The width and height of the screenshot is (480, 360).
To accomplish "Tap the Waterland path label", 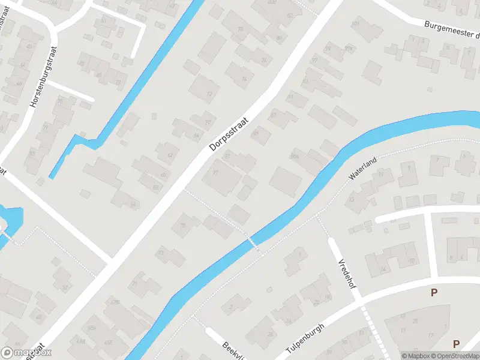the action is click(x=363, y=169).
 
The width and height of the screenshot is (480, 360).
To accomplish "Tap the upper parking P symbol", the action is click(x=434, y=293).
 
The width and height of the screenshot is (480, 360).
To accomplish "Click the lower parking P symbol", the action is click(x=456, y=344).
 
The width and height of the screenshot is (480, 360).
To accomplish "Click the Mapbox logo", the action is click(x=26, y=353).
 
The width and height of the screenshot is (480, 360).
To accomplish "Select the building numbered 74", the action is click(x=244, y=79).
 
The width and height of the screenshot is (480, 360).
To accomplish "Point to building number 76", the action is click(x=264, y=61).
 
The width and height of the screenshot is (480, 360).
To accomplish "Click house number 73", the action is click(x=160, y=253).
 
